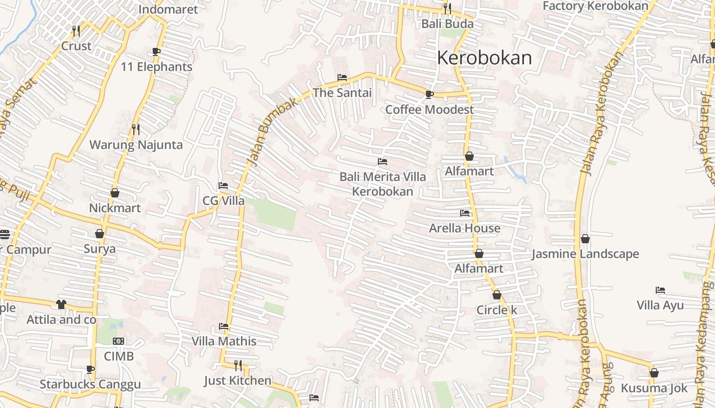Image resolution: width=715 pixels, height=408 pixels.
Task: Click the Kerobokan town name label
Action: pos(484,58)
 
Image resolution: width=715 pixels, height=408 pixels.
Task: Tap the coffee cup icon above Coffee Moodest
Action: pos(430,94)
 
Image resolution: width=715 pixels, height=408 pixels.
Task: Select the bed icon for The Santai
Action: pos(342,78)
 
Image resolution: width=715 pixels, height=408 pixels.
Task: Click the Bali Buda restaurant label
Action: pos(447,23)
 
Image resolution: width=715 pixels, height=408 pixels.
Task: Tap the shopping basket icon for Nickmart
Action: pos(115,193)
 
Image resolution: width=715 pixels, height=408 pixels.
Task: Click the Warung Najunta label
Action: pos(136,145)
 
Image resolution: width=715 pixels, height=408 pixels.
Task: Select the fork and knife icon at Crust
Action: pos(76,31)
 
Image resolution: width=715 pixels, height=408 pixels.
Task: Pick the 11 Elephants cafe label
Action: pos(156,67)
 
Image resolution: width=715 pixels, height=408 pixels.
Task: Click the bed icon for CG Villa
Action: pos(223,186)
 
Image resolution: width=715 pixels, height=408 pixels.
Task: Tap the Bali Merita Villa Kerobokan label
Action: pos(383,184)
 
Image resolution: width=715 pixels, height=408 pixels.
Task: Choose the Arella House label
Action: pos(465,228)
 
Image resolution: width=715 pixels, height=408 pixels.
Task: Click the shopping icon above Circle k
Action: pos(496,295)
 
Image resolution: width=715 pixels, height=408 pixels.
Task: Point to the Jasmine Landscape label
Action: pos(585,254)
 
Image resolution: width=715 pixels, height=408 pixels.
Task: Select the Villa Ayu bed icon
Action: pos(660,290)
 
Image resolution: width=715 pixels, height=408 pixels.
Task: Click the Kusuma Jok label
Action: pos(654,388)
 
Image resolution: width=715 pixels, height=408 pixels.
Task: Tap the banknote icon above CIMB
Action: pos(118,341)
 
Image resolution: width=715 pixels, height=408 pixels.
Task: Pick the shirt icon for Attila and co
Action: pos(61,304)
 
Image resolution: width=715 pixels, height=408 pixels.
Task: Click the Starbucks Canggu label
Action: pos(90,384)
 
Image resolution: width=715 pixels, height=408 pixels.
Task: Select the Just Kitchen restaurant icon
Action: pos(238,365)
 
